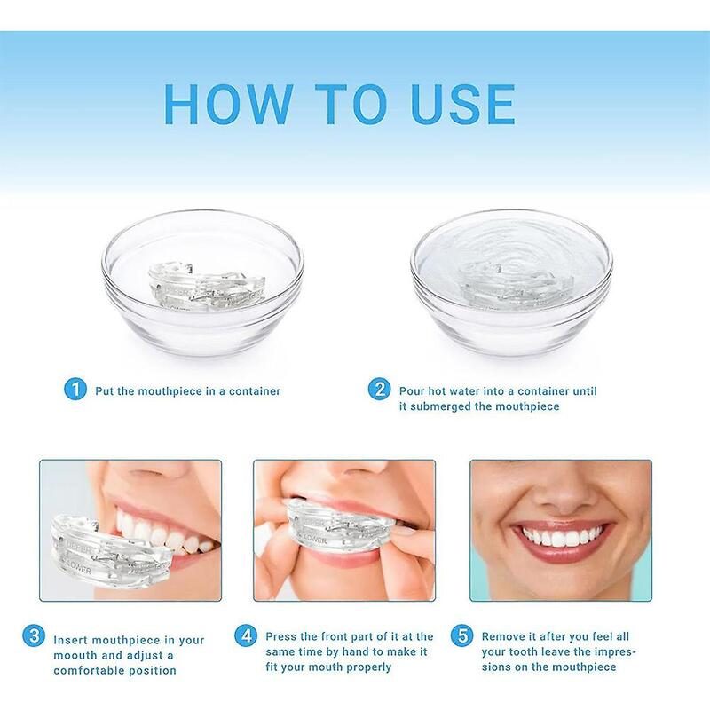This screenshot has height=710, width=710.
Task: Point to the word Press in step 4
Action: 283,636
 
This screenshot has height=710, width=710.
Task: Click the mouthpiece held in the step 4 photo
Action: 341,524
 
